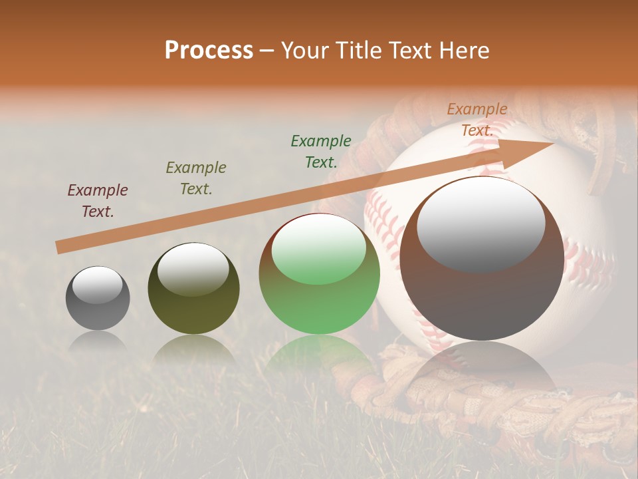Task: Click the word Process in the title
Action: pyautogui.click(x=209, y=51)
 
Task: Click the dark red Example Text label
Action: pyautogui.click(x=98, y=200)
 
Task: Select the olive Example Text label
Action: pyautogui.click(x=196, y=178)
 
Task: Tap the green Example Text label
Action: pyautogui.click(x=321, y=151)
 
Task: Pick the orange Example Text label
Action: pyautogui.click(x=477, y=120)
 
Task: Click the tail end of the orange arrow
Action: pyautogui.click(x=61, y=247)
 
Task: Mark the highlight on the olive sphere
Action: pyautogui.click(x=193, y=269)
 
